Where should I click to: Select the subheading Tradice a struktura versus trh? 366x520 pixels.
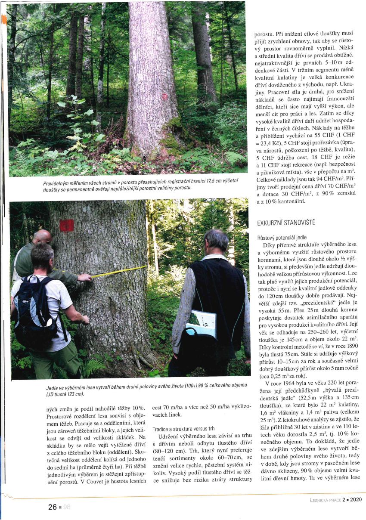[184, 429]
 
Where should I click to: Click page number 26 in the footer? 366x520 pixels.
[53, 507]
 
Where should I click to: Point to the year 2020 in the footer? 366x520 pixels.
[356, 499]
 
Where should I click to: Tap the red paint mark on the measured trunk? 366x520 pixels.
[66, 225]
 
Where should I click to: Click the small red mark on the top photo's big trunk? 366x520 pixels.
[164, 96]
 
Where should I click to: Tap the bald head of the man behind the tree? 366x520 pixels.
[42, 237]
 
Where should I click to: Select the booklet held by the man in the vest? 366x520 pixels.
[201, 323]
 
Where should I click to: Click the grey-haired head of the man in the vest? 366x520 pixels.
[216, 241]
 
